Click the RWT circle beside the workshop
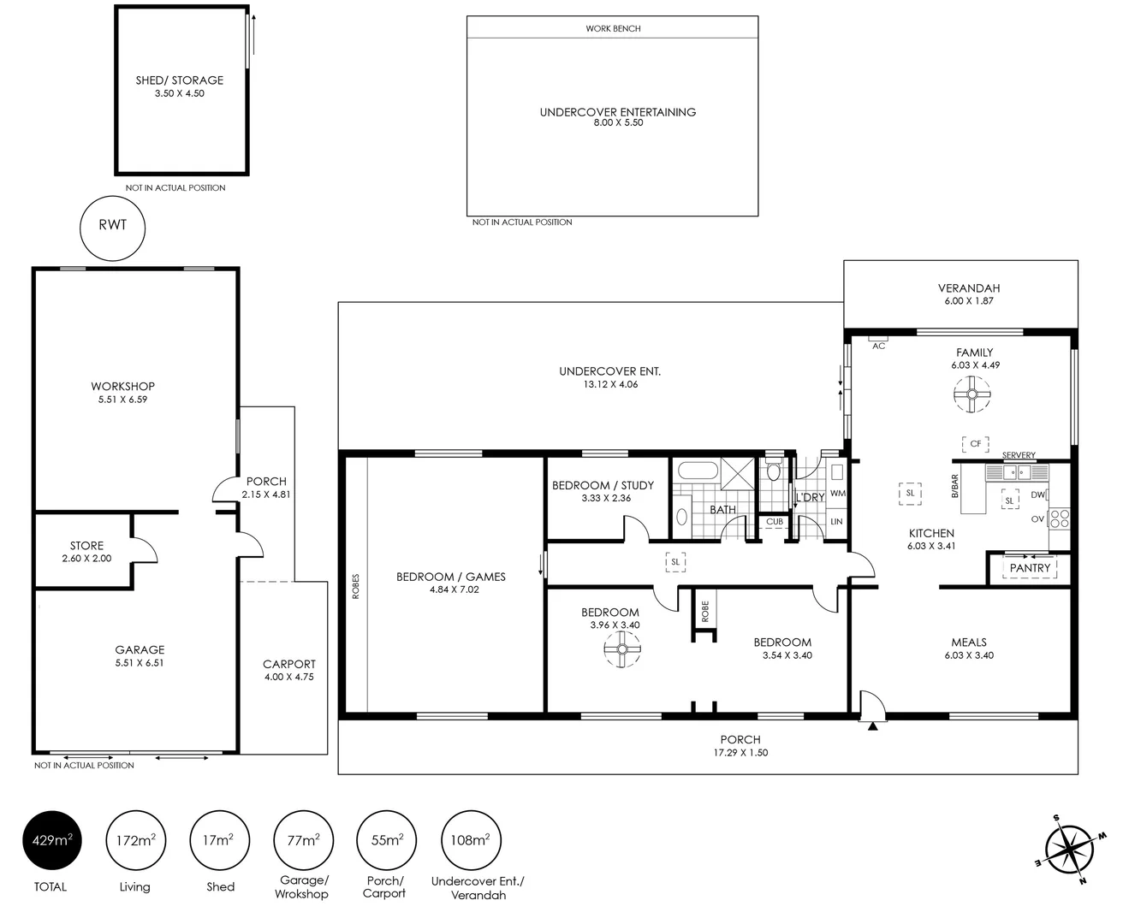pos(112,227)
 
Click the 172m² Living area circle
pos(135,840)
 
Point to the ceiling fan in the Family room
pos(972,394)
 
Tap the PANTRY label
pos(1030,568)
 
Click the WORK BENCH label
pos(613,28)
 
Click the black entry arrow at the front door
pos(872,726)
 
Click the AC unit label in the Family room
pos(878,346)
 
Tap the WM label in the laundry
pos(837,494)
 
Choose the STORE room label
pos(86,545)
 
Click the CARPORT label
pos(289,664)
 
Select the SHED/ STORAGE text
pos(180,80)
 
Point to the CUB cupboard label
pos(775,522)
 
